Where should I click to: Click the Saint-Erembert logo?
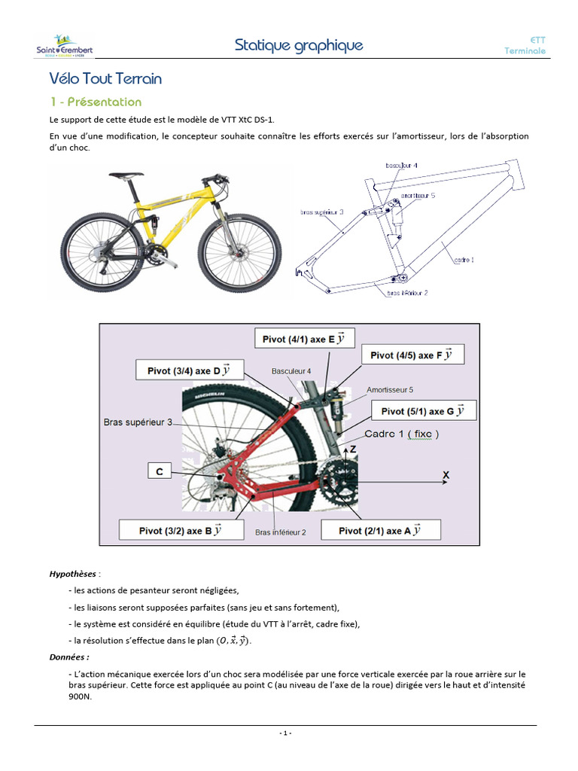pos(65,46)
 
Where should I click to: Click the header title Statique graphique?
pos(299,45)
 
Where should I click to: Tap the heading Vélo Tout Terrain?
pos(105,78)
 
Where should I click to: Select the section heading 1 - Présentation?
pos(96,102)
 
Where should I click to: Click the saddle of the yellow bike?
pos(126,175)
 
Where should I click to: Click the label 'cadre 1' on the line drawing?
pos(464,260)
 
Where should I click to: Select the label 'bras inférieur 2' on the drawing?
pos(407,293)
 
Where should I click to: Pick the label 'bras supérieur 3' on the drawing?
pos(321,212)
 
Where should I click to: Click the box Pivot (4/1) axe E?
pos(304,339)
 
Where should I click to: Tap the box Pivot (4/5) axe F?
pos(412,355)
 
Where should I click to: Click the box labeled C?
pos(160,472)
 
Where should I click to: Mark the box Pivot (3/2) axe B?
pos(181,530)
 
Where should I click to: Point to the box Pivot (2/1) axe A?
pos(380,530)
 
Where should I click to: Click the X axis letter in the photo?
pos(446,476)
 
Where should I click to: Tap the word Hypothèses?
pos(73,574)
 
